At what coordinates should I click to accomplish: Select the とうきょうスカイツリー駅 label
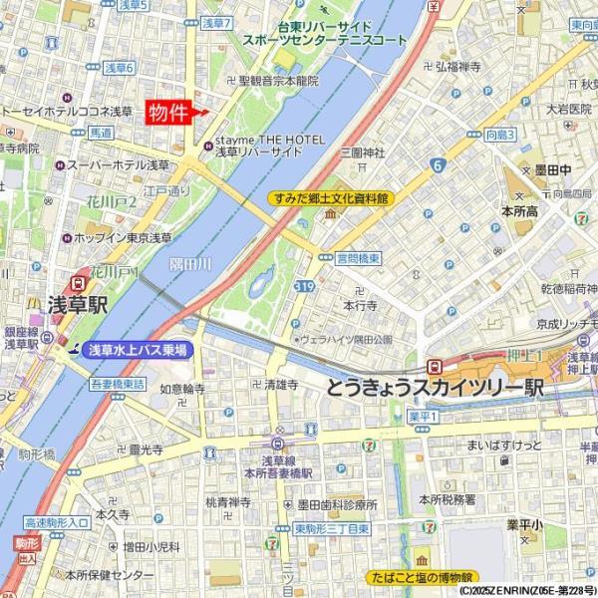pos(435,388)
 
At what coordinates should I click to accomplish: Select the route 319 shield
pos(305,287)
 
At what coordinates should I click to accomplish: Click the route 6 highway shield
pos(438,165)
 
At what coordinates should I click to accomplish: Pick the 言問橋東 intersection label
pos(358,257)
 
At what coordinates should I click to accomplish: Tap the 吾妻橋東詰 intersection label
pos(119,383)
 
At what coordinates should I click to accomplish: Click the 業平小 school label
pos(523,524)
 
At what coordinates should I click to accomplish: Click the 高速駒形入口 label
pos(57,522)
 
